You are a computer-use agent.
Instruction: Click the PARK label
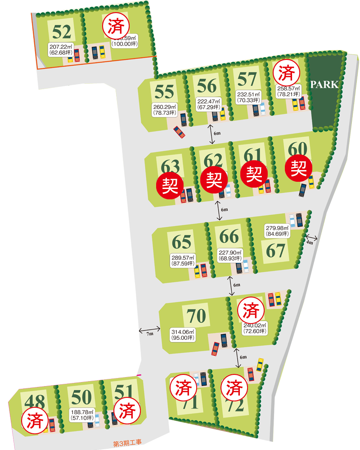(x=324, y=85)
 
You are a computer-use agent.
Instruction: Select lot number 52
(x=62, y=31)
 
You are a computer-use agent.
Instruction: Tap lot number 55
(x=164, y=92)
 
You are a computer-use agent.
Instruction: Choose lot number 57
(x=247, y=79)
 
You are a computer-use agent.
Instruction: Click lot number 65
(x=182, y=242)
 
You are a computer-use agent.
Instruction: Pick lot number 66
(x=229, y=236)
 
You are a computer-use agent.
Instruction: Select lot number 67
(x=275, y=250)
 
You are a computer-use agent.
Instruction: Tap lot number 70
(x=196, y=316)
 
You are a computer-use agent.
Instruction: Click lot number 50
(x=81, y=397)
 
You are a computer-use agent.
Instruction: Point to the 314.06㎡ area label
(x=183, y=335)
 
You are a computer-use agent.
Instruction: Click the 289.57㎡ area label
(x=183, y=261)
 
